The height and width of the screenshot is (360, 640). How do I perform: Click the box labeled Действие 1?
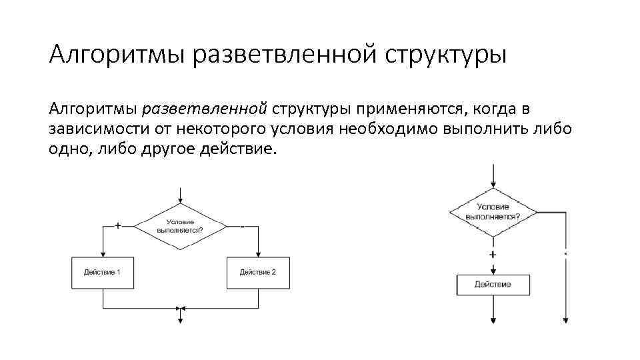pyautogui.click(x=103, y=272)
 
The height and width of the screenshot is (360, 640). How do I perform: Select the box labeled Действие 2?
pyautogui.click(x=258, y=272)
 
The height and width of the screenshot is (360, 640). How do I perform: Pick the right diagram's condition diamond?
pyautogui.click(x=493, y=212)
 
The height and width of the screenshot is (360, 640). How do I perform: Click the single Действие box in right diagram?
pyautogui.click(x=493, y=285)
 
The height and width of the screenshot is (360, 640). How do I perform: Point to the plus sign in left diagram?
pyautogui.click(x=119, y=225)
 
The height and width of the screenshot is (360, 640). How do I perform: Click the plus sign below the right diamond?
pyautogui.click(x=493, y=255)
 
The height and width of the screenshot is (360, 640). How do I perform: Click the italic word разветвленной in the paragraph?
pyautogui.click(x=205, y=109)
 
